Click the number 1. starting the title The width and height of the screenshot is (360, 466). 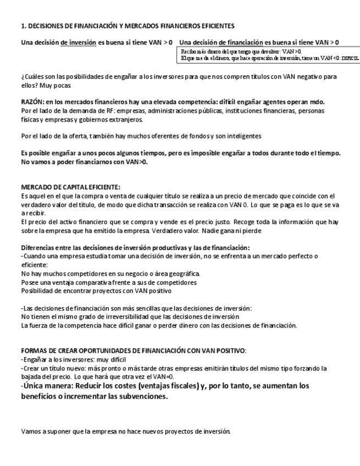(x=23, y=26)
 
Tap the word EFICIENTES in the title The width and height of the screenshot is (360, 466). (x=217, y=26)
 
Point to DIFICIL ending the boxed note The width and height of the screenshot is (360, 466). (x=349, y=57)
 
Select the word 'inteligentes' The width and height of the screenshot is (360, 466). (x=245, y=135)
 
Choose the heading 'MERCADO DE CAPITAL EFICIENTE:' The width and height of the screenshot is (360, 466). (x=70, y=187)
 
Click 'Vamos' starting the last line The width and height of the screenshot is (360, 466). (x=31, y=431)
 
